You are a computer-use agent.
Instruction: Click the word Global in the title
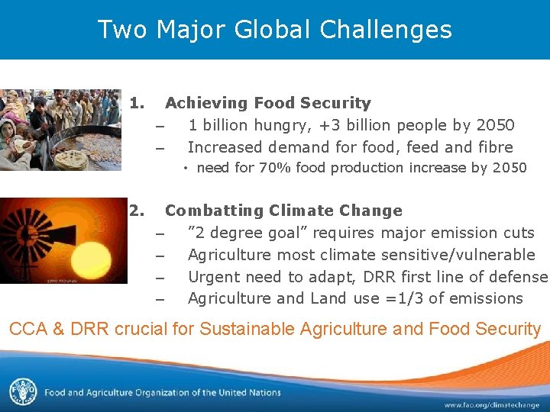[276, 30]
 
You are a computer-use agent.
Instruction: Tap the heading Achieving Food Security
[267, 103]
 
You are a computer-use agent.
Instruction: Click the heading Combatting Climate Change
[283, 211]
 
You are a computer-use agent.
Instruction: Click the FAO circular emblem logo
[22, 392]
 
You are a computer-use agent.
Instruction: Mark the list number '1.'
[137, 103]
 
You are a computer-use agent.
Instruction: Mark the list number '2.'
[137, 211]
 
